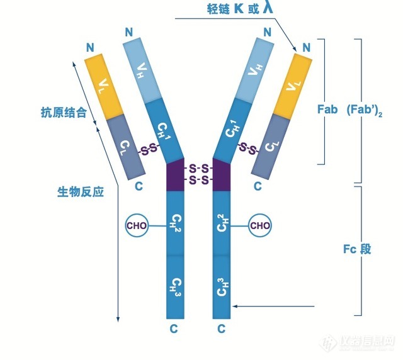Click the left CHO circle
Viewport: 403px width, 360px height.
[x=137, y=225]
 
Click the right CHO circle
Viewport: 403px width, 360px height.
[x=261, y=225]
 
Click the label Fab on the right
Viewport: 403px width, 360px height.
[x=328, y=109]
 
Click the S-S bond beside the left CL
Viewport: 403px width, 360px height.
[x=149, y=150]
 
